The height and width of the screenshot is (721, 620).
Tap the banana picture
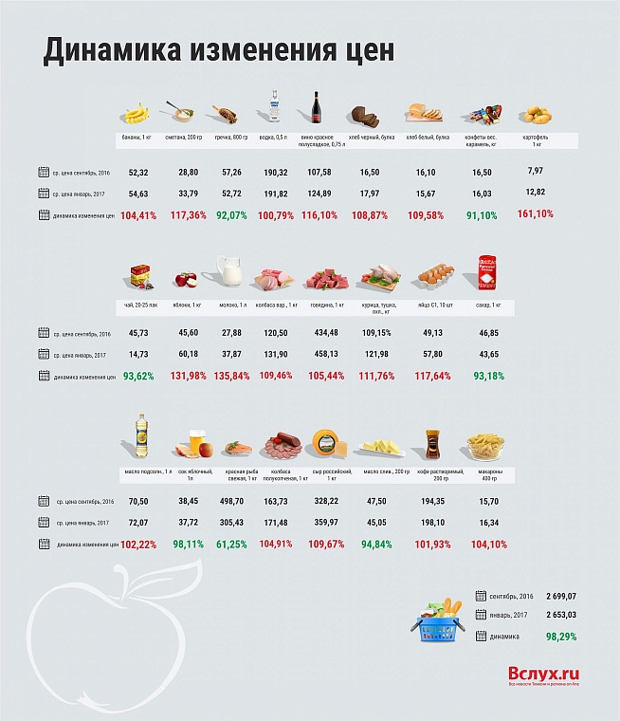pyautogui.click(x=138, y=115)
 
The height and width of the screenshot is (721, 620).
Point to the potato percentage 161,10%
pyautogui.click(x=536, y=213)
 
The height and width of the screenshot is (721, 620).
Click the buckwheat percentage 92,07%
pyautogui.click(x=231, y=215)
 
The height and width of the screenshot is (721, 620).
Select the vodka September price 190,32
pyautogui.click(x=276, y=173)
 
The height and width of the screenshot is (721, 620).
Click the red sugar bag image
pyautogui.click(x=487, y=271)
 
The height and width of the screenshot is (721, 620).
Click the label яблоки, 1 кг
pyautogui.click(x=185, y=305)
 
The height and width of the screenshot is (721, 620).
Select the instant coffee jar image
pyautogui.click(x=433, y=441)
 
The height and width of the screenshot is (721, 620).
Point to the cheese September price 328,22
pyautogui.click(x=327, y=501)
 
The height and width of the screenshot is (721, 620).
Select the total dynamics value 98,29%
pyautogui.click(x=561, y=636)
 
